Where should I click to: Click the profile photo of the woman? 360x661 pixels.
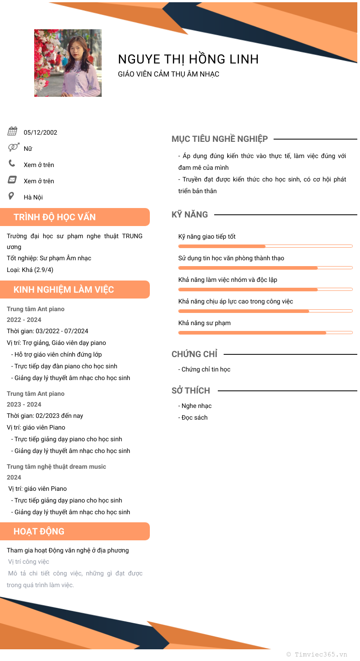[x=68, y=63]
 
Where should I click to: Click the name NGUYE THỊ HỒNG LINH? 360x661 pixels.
[x=188, y=59]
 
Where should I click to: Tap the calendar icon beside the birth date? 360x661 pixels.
[x=13, y=131]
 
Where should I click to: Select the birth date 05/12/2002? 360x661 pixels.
[x=40, y=132]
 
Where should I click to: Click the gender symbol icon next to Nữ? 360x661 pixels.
[x=13, y=147]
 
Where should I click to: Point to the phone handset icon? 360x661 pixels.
[x=12, y=163]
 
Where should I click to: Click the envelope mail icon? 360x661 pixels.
[x=12, y=180]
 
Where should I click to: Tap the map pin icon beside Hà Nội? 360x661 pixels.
[x=11, y=196]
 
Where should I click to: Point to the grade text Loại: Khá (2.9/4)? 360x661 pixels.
[x=30, y=270]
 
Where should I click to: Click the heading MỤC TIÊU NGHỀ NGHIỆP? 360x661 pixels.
[x=220, y=139]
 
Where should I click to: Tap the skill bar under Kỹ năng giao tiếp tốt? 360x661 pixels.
[x=265, y=246]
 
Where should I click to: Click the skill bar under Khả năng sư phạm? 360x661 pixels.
[x=265, y=333]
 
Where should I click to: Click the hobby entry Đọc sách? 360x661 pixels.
[x=194, y=418]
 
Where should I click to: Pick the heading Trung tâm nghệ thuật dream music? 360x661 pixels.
[x=56, y=466]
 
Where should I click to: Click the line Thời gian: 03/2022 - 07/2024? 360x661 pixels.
[x=47, y=331]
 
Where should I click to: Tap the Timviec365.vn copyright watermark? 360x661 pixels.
[x=317, y=654]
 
